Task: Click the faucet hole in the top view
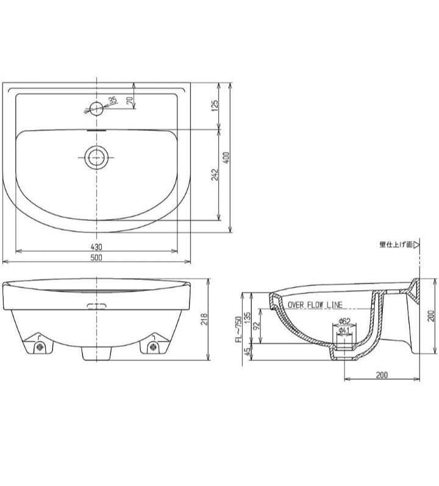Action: pyautogui.click(x=96, y=109)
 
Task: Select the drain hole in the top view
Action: pyautogui.click(x=96, y=157)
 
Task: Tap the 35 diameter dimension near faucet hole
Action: pyautogui.click(x=112, y=100)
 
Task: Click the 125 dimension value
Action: pyautogui.click(x=215, y=105)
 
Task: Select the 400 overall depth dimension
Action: pyautogui.click(x=226, y=157)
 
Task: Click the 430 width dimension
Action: pyautogui.click(x=96, y=247)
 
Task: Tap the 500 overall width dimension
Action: pyautogui.click(x=96, y=258)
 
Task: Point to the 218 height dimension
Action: pyautogui.click(x=205, y=320)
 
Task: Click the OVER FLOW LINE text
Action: pyautogui.click(x=315, y=305)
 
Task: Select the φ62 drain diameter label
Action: pyautogui.click(x=343, y=321)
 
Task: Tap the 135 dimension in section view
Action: pyautogui.click(x=247, y=316)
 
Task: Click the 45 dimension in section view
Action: pyautogui.click(x=247, y=352)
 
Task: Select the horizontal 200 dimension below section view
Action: pyautogui.click(x=381, y=375)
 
